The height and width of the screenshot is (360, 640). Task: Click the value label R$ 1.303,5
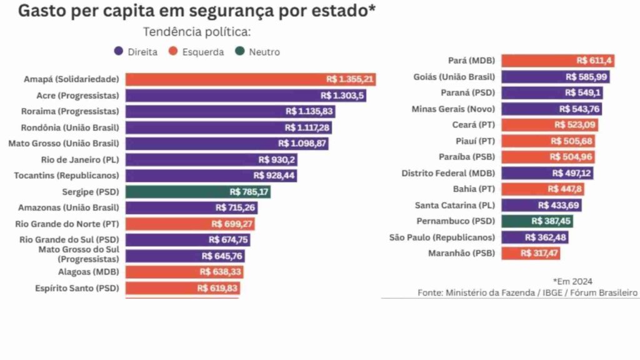(x=343, y=96)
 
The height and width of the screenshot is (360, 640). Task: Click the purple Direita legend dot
(x=117, y=52)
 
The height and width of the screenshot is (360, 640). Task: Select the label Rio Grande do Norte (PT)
(x=67, y=223)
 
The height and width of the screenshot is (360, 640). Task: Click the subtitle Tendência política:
(x=197, y=32)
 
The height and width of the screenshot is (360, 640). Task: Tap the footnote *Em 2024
(x=572, y=281)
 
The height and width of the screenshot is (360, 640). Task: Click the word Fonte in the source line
(x=431, y=292)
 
